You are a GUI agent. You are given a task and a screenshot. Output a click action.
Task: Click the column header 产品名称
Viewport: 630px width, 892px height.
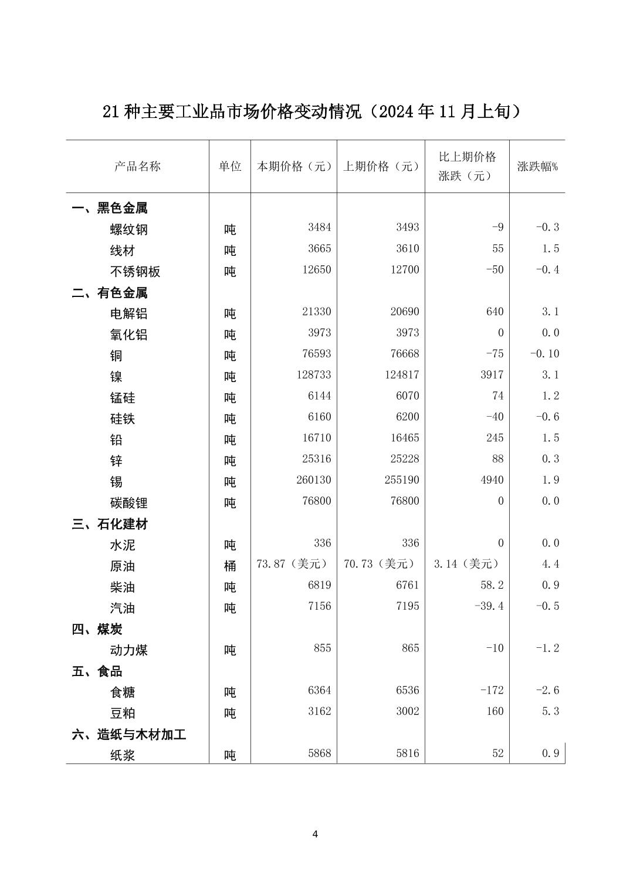pyautogui.click(x=137, y=167)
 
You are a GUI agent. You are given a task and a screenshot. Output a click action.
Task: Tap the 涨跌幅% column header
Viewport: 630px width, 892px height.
pyautogui.click(x=537, y=167)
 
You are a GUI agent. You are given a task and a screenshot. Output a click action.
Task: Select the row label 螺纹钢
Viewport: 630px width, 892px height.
pyautogui.click(x=129, y=229)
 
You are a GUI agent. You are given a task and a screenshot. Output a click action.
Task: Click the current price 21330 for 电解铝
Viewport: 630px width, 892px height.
pyautogui.click(x=316, y=312)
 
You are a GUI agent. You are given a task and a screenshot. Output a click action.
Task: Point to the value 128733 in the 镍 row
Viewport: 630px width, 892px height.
pyautogui.click(x=313, y=375)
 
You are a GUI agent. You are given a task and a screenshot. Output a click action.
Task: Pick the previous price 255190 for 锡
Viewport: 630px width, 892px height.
pyautogui.click(x=402, y=480)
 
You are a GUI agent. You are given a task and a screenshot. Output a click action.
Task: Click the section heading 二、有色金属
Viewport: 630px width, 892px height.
pyautogui.click(x=110, y=293)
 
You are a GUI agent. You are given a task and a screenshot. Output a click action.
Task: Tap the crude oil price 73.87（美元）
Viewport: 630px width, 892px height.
pyautogui.click(x=293, y=564)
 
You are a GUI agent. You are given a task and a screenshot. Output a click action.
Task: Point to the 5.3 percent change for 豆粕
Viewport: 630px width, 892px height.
pyautogui.click(x=550, y=711)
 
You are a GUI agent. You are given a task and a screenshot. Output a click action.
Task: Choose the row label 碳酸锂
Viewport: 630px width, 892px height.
pyautogui.click(x=129, y=503)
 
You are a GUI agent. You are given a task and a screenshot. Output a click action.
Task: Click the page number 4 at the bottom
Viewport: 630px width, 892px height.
pyautogui.click(x=315, y=834)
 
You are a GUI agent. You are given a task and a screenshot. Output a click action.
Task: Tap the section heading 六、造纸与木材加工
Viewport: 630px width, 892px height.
pyautogui.click(x=129, y=734)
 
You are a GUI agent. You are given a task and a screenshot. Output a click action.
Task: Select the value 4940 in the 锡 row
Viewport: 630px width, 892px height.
pyautogui.click(x=492, y=480)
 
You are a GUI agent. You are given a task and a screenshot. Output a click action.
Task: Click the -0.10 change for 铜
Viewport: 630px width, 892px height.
pyautogui.click(x=544, y=354)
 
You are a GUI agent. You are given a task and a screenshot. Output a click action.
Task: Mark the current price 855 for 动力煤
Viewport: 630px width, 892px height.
pyautogui.click(x=322, y=648)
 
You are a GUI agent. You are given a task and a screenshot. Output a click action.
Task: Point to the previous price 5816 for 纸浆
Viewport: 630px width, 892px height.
pyautogui.click(x=408, y=753)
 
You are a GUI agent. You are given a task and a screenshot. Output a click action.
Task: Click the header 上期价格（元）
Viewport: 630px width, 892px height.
pyautogui.click(x=381, y=167)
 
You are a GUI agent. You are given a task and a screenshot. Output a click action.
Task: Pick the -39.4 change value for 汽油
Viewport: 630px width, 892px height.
pyautogui.click(x=489, y=606)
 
